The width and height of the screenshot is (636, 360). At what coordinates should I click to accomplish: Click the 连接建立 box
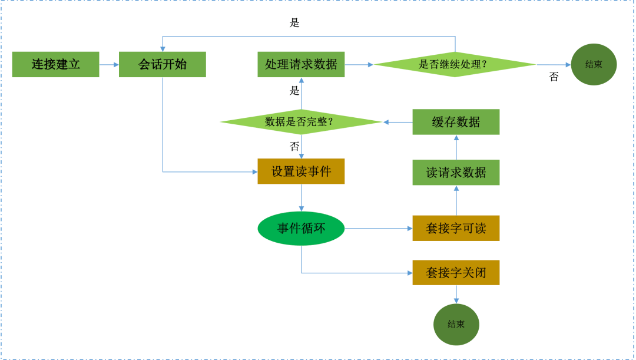coord(55,64)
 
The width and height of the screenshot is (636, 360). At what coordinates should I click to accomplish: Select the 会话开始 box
coord(163,64)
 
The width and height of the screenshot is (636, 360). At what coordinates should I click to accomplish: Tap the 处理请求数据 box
coord(301,64)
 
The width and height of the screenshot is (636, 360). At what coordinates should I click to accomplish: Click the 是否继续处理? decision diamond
coord(455,64)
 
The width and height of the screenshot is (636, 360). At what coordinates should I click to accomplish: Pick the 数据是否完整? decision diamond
coord(301,122)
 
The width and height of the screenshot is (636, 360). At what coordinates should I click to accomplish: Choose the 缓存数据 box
coord(456,122)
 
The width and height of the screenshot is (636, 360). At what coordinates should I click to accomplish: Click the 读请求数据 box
coord(456,173)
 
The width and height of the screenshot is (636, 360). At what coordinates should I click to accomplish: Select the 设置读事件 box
coord(301,171)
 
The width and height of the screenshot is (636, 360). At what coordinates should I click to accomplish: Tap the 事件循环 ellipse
coord(301,228)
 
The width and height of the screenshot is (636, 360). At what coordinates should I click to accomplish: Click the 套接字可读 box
coord(456,228)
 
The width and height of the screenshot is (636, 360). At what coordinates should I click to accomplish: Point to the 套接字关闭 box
coord(456,273)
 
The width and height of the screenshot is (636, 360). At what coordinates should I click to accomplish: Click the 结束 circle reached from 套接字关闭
coord(456,324)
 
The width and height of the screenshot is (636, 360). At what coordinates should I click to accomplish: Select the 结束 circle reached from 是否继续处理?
coord(594,64)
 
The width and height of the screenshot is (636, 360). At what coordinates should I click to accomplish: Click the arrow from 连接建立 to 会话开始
coord(109,64)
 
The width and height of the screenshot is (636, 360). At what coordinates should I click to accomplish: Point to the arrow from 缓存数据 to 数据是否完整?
coord(397,122)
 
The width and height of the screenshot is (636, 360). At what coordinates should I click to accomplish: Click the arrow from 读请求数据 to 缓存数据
coord(456,147)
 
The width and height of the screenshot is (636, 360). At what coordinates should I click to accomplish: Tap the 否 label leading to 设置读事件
coord(294,146)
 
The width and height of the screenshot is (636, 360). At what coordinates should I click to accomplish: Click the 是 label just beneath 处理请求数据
coord(294,91)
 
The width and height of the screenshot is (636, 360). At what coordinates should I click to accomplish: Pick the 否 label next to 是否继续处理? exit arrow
coord(554,77)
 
